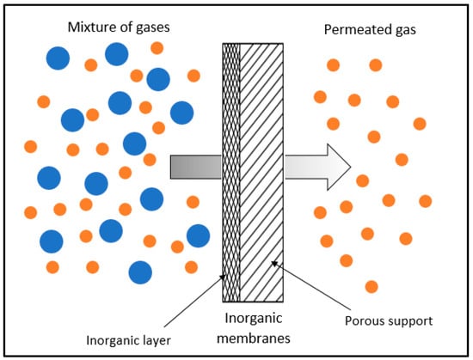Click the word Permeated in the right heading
tap(354, 31)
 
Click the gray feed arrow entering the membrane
tap(196, 167)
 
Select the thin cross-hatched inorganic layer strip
tap(231, 172)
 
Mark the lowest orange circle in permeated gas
tap(371, 286)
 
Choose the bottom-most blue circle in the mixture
tap(141, 272)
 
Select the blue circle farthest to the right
tap(198, 235)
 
